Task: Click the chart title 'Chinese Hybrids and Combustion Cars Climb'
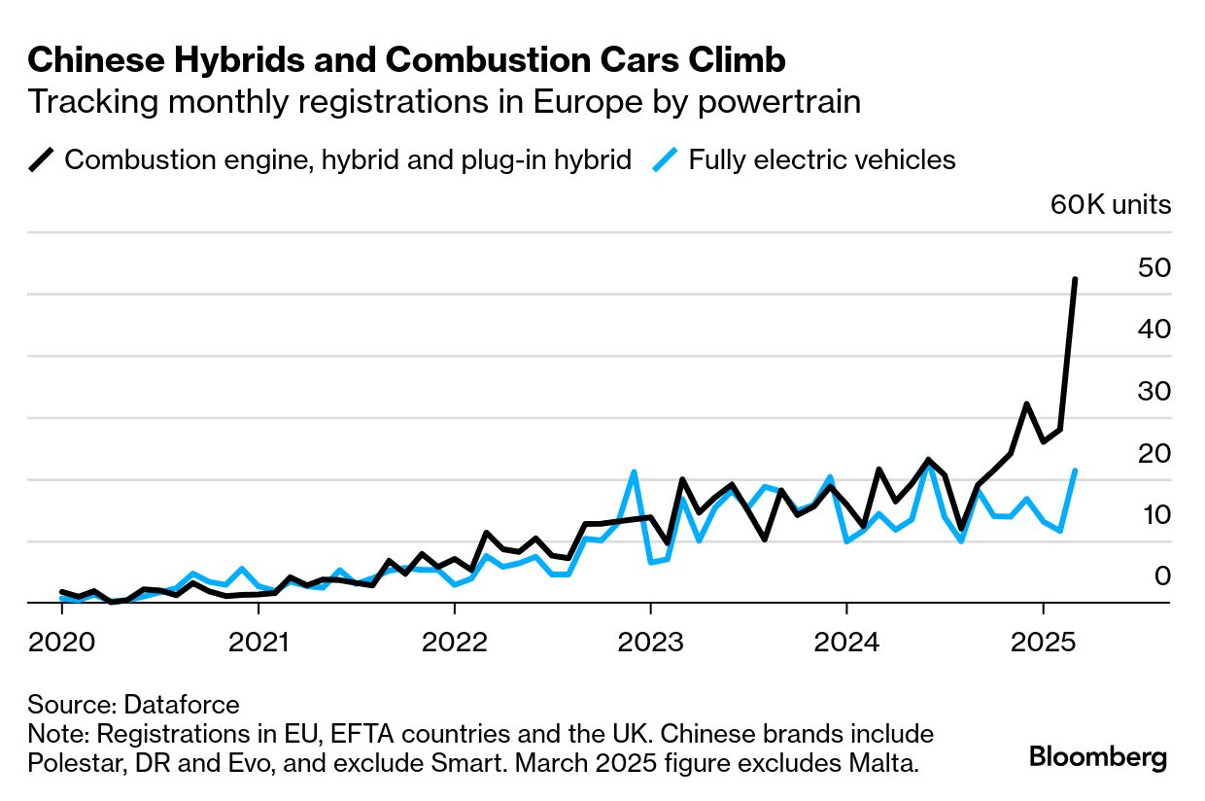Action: [x=406, y=60]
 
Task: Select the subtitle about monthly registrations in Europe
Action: [x=444, y=102]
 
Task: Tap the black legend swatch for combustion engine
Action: [x=42, y=158]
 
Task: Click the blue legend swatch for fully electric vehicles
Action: [x=666, y=158]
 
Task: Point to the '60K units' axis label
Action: [x=1110, y=205]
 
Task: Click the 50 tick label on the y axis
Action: [x=1153, y=267]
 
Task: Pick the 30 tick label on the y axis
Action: [x=1153, y=391]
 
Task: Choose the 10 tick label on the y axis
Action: [x=1153, y=515]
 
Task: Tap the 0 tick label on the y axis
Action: [x=1162, y=576]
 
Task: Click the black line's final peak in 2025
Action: [x=1074, y=280]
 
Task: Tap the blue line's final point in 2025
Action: [x=1075, y=471]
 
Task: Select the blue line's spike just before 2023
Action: [x=634, y=472]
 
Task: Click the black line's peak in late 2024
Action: [x=1026, y=403]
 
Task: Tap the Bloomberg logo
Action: [x=1098, y=757]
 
